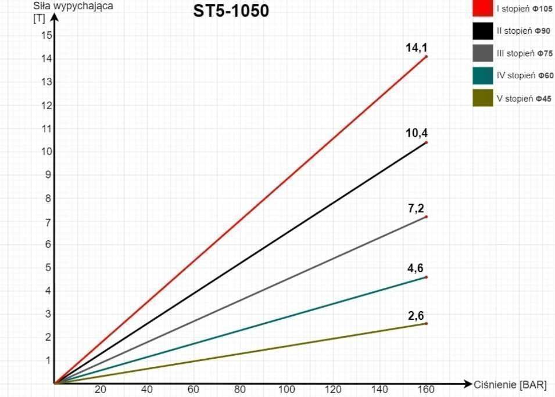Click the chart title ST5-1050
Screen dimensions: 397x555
click(x=231, y=11)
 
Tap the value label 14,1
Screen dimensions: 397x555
click(x=416, y=48)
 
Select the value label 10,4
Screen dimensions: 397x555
click(x=416, y=133)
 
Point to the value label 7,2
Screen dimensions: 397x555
click(x=417, y=208)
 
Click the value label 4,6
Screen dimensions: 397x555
click(x=416, y=268)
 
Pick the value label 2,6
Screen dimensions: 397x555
click(x=416, y=316)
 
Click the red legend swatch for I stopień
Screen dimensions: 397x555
click(x=482, y=10)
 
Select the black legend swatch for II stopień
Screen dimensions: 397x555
click(x=482, y=32)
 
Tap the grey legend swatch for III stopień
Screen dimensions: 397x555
click(x=482, y=54)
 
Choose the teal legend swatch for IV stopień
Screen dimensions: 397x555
click(x=482, y=76)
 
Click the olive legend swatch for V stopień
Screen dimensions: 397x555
click(x=482, y=99)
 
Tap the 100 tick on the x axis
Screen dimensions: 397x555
click(x=287, y=389)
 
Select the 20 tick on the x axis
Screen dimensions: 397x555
click(x=101, y=389)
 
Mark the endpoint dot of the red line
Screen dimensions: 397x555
click(x=426, y=56)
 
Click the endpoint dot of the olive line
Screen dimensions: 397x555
click(x=426, y=323)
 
